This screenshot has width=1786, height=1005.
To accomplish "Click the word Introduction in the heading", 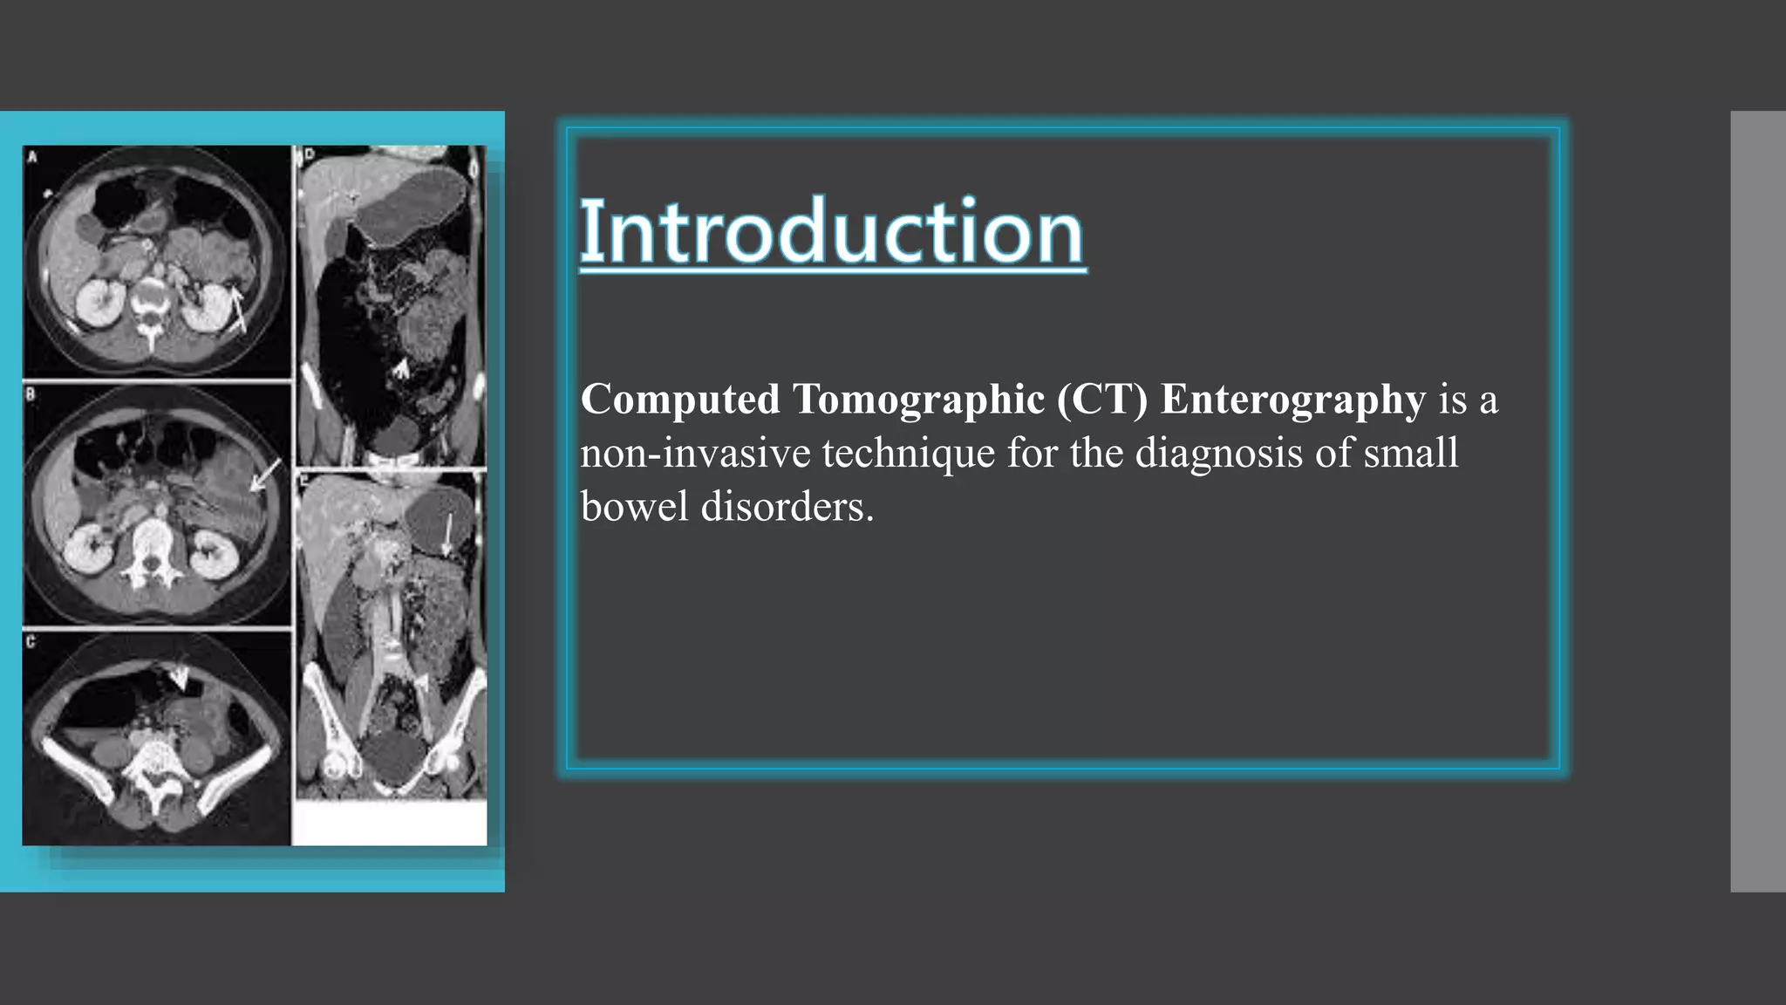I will click(832, 231).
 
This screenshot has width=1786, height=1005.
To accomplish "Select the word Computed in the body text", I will click(680, 400).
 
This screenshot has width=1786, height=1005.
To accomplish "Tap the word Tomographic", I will click(918, 400).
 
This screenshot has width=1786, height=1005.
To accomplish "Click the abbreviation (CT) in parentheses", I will click(1102, 400).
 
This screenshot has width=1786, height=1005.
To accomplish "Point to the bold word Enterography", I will click(1292, 400).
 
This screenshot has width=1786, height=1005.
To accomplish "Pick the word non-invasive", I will click(695, 453).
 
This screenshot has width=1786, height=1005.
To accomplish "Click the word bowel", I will click(634, 506).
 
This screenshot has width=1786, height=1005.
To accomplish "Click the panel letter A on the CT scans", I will click(33, 157).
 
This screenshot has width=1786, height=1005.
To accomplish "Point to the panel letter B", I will click(31, 394).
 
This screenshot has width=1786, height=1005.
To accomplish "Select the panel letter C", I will click(31, 642).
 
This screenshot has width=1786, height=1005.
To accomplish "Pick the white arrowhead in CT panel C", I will click(180, 678).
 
